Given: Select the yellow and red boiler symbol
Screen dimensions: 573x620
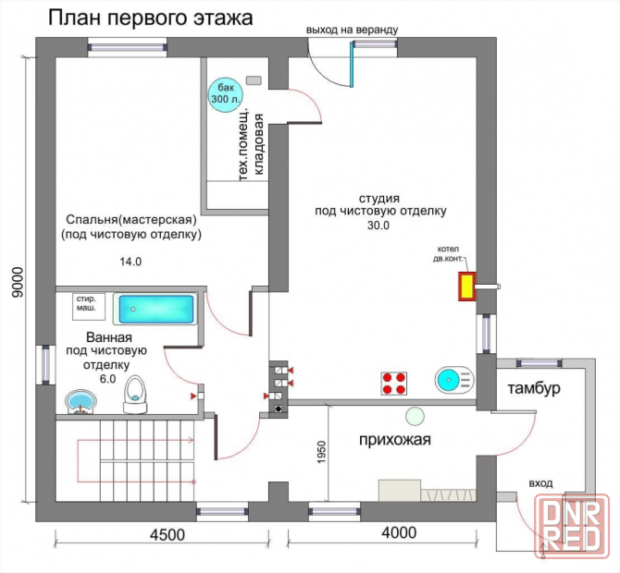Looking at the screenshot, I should coord(465,287).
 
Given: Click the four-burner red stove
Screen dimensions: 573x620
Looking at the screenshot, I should coord(394,383).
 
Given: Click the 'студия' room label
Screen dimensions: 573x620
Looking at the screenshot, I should coord(379,198).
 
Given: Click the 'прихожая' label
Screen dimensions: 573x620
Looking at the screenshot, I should coord(395,440).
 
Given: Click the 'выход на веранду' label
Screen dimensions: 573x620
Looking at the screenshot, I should coord(353,30).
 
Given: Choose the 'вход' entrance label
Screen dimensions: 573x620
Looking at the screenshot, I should coord(540,483).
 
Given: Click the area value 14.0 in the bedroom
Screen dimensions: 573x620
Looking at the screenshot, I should coord(130,262).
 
